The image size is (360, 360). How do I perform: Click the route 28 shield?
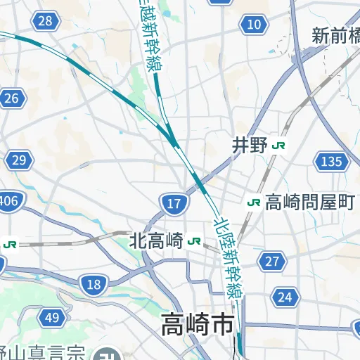coord(45,21)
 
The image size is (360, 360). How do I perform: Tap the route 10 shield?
coord(254,26)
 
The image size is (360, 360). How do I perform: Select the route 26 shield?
coord(11,98)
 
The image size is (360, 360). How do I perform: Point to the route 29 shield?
coord(20,160)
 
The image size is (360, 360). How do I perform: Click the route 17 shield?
coord(174,205)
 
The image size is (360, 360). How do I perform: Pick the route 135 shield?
coord(330,162)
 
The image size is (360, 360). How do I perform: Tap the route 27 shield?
coord(271,262)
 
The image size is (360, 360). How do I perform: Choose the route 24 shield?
coord(284,297)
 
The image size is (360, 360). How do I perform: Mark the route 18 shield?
coord(94,284)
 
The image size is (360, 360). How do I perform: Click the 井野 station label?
coord(250,146)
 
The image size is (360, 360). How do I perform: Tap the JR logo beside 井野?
coord(281,146)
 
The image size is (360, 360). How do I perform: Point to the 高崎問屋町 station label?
coord(309,202)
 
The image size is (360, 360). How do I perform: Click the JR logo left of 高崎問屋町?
coord(254,202)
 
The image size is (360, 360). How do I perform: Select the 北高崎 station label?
coord(156,241)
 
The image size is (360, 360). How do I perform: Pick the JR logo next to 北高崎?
coord(194,242)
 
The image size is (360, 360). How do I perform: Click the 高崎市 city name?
coord(198,325)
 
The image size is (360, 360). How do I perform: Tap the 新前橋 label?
coord(336,35)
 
